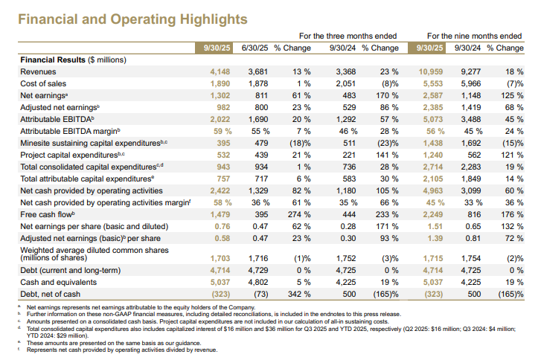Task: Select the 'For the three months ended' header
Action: pyautogui.click(x=348, y=35)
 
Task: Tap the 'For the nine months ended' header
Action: pyautogui.click(x=475, y=35)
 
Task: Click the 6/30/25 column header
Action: pyautogui.click(x=255, y=48)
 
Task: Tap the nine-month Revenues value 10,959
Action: pyautogui.click(x=432, y=71)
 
